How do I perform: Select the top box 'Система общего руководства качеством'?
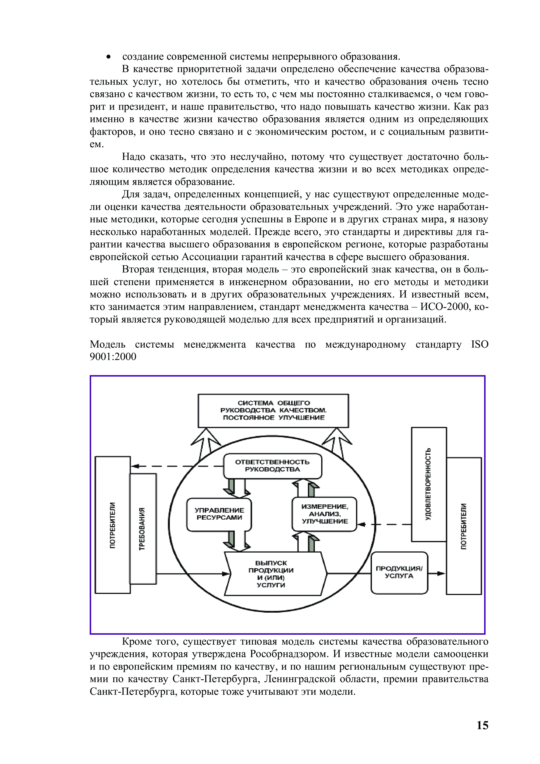273,410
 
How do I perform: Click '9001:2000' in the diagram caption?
113,357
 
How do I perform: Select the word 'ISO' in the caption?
479,344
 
